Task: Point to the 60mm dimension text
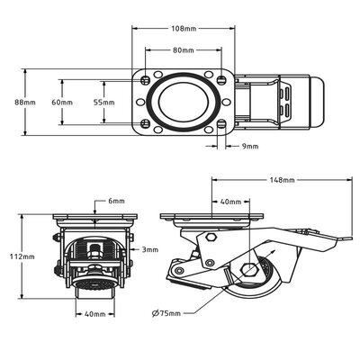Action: click(62, 102)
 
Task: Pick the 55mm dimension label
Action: click(103, 102)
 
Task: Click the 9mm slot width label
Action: click(249, 145)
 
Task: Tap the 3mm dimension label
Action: click(150, 249)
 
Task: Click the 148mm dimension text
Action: click(281, 180)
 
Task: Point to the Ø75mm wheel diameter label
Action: click(166, 313)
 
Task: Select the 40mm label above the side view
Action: click(230, 202)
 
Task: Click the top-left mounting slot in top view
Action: click(146, 79)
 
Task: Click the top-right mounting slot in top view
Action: click(222, 79)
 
